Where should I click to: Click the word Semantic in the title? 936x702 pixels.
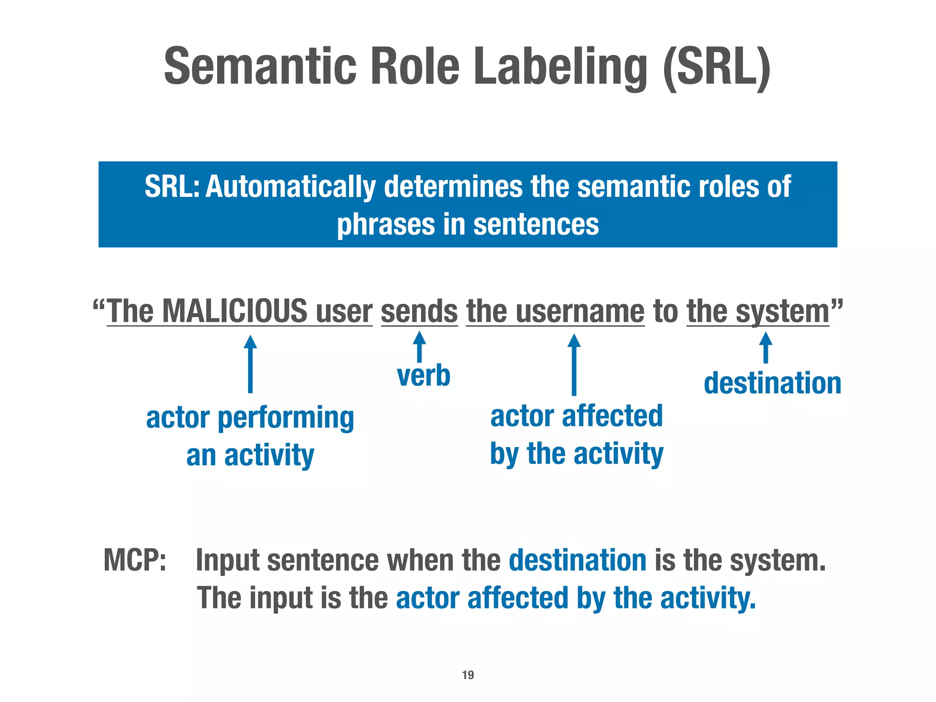click(260, 67)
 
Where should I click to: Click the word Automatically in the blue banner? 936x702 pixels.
click(291, 187)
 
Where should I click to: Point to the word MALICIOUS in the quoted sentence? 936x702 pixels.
click(235, 311)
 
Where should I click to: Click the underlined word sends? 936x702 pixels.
click(419, 311)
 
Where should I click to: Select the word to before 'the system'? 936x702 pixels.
click(665, 311)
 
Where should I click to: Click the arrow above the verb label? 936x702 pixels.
click(419, 346)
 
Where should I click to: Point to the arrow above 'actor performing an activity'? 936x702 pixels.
click(250, 363)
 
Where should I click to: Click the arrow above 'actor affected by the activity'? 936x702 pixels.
click(574, 364)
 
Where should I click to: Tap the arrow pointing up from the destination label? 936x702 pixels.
click(766, 347)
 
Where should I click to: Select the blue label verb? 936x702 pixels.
click(424, 376)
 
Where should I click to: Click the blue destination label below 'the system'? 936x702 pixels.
click(772, 383)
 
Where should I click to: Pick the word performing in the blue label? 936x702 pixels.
click(286, 418)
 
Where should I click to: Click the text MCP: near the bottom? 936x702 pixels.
click(135, 560)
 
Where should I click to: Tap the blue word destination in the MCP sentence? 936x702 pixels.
click(577, 560)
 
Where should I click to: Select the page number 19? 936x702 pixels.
click(468, 675)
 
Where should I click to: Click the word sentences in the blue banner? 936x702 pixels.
click(536, 225)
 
